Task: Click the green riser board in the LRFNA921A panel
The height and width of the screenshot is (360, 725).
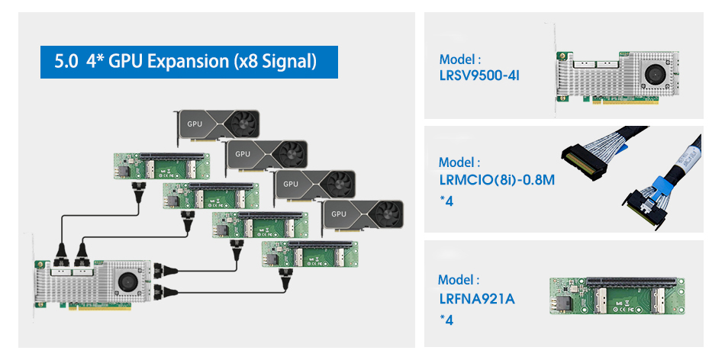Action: tap(619, 297)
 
